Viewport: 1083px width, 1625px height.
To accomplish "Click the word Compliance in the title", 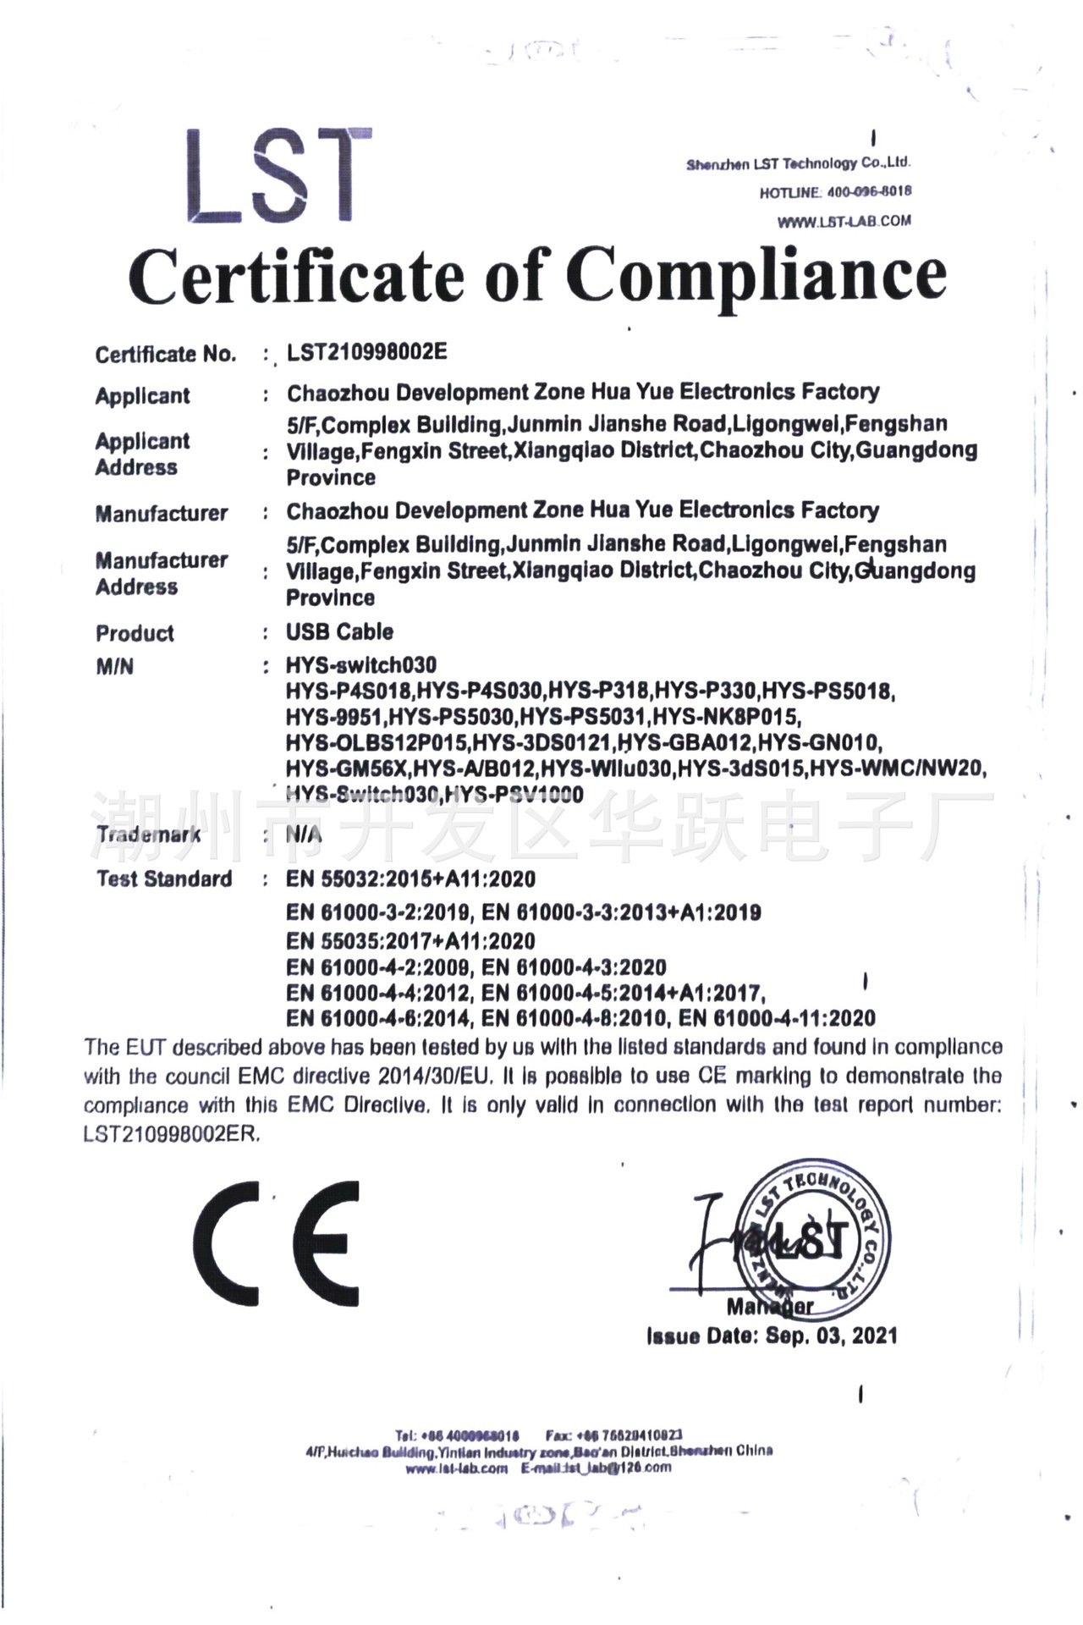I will [x=756, y=276].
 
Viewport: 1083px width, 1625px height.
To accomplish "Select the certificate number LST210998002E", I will [x=366, y=352].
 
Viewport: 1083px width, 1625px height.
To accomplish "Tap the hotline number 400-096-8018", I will [x=869, y=192].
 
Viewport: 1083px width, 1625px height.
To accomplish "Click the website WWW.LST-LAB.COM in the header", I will [x=844, y=222].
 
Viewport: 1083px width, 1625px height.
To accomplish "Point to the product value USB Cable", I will [x=339, y=632].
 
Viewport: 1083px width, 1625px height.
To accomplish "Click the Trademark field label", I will [x=149, y=835].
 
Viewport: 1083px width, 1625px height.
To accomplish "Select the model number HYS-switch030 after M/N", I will [x=361, y=665].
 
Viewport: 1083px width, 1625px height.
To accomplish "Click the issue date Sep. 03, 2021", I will [x=831, y=1336].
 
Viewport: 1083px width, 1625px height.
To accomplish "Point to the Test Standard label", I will [x=164, y=879].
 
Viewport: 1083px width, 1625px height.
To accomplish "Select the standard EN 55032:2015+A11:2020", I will [x=410, y=879].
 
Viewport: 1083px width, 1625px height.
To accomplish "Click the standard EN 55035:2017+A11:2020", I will [x=410, y=940].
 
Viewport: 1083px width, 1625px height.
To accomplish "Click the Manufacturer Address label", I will [x=161, y=573].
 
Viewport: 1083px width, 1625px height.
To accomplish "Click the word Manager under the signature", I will [x=769, y=1307].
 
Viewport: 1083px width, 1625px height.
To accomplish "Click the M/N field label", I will [x=115, y=667].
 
